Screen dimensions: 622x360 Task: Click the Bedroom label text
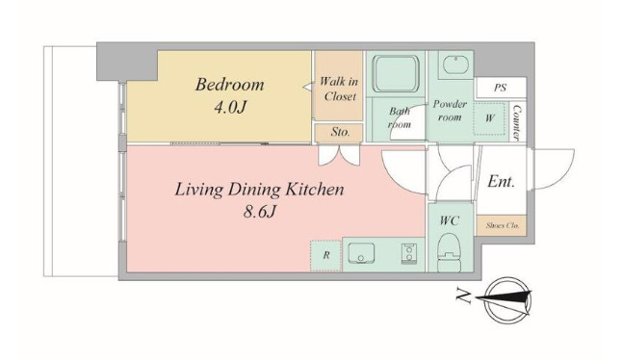pyautogui.click(x=229, y=85)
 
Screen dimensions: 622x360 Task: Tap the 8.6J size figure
pyautogui.click(x=259, y=213)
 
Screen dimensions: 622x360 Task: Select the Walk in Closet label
pyautogui.click(x=339, y=90)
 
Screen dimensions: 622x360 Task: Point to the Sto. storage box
pyautogui.click(x=339, y=133)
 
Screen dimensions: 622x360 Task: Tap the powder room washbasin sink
pyautogui.click(x=455, y=65)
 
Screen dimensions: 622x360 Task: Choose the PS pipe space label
pyautogui.click(x=501, y=88)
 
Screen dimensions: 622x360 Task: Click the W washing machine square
pyautogui.click(x=490, y=118)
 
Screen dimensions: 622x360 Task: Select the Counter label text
pyautogui.click(x=517, y=122)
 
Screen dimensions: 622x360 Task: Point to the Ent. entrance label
pyautogui.click(x=501, y=182)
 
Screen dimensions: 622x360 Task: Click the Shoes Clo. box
pyautogui.click(x=502, y=225)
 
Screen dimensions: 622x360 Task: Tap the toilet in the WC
pyautogui.click(x=450, y=252)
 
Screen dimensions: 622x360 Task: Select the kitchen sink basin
pyautogui.click(x=361, y=253)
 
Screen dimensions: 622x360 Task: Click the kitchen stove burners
pyautogui.click(x=408, y=254)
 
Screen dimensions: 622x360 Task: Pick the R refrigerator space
pyautogui.click(x=326, y=256)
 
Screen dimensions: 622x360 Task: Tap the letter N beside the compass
pyautogui.click(x=462, y=296)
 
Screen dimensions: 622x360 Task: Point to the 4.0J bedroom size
pyautogui.click(x=230, y=108)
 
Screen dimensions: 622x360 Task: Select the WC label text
pyautogui.click(x=449, y=220)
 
